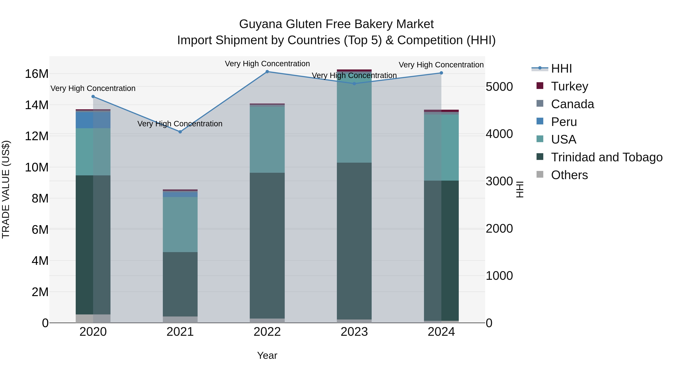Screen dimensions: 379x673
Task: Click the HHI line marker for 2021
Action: point(180,132)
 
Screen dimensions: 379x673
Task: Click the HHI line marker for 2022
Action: point(267,71)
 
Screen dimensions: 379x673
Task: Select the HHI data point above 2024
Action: point(441,73)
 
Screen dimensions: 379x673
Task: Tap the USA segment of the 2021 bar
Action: point(180,224)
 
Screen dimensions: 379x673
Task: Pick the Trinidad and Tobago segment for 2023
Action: point(354,241)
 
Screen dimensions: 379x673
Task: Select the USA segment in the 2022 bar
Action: point(267,139)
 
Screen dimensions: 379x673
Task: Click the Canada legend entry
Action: point(572,104)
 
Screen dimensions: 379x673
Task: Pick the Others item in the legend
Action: point(569,175)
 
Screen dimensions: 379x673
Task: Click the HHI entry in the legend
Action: point(561,69)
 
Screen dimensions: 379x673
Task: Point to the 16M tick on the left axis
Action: point(37,74)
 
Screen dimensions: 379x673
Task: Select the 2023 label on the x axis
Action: point(354,332)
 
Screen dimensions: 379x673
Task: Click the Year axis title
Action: point(267,355)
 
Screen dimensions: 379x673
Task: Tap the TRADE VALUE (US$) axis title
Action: point(6,189)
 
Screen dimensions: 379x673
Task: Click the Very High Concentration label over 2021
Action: point(180,124)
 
